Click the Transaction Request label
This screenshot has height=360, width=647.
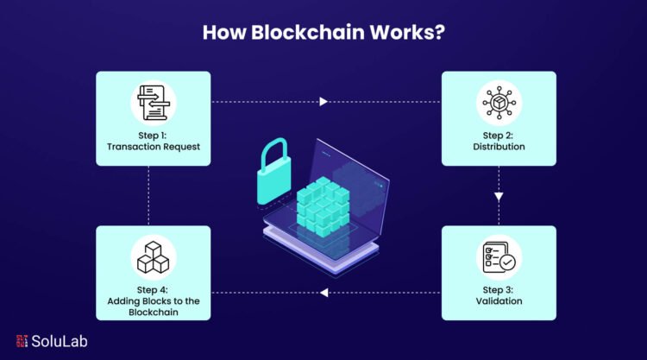153,147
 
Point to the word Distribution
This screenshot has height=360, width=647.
499,147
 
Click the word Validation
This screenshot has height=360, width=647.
499,301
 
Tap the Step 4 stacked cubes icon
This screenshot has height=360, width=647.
153,256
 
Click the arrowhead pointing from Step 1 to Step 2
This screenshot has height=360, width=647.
323,102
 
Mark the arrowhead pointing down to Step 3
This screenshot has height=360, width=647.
499,197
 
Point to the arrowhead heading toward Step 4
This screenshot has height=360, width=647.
323,294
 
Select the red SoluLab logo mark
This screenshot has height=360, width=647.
22,340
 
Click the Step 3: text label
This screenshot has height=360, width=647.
499,289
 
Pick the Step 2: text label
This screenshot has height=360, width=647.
499,135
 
